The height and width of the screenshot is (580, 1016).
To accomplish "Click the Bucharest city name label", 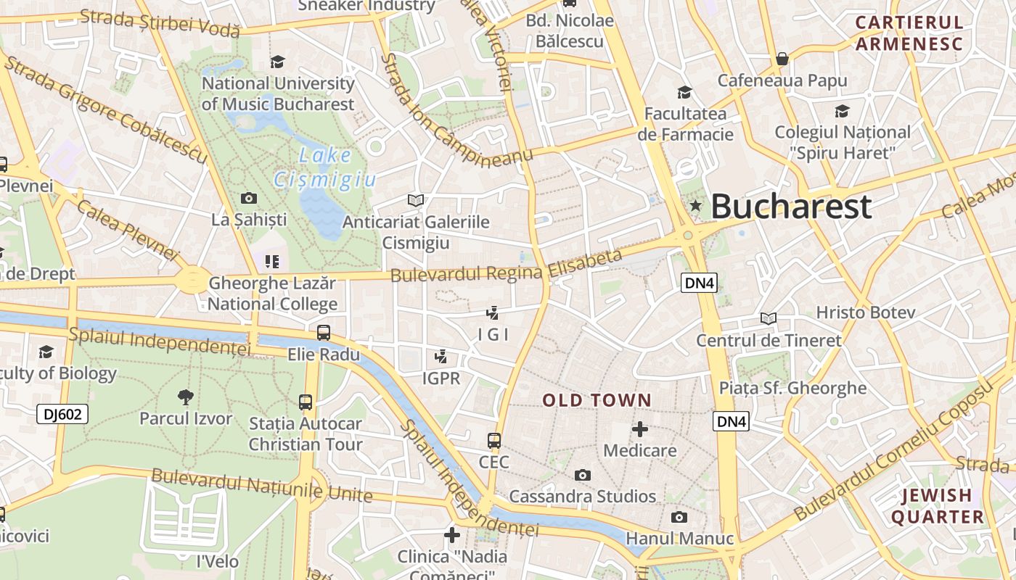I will [791, 207].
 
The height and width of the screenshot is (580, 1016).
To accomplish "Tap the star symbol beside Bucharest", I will [696, 206].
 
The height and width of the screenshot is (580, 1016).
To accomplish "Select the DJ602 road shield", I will [62, 414].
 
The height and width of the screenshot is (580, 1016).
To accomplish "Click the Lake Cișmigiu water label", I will [324, 167].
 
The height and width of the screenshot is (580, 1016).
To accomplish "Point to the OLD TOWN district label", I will [597, 400].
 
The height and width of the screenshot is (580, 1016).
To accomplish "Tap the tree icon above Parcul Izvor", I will [186, 397].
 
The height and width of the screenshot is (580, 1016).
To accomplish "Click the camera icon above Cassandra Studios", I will [582, 475].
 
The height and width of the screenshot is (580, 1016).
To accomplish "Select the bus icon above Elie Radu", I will [324, 333].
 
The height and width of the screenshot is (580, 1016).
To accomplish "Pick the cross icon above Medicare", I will [639, 429].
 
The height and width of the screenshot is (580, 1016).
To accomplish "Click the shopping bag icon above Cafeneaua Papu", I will [782, 59].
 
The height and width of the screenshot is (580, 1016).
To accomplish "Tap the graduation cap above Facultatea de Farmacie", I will [684, 92].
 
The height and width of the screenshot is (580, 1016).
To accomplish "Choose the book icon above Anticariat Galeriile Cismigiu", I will [416, 200].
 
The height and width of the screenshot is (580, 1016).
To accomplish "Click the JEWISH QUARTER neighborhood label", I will [937, 506].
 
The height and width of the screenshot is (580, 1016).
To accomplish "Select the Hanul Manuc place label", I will [679, 539].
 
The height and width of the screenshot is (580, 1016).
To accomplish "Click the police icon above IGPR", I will [441, 357].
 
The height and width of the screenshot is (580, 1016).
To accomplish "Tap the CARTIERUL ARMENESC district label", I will [909, 33].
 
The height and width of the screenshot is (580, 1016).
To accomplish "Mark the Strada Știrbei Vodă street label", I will [160, 22].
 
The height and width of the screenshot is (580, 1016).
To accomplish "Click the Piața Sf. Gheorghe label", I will [792, 388].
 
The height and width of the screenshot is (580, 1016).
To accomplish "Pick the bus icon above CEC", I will [494, 441].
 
